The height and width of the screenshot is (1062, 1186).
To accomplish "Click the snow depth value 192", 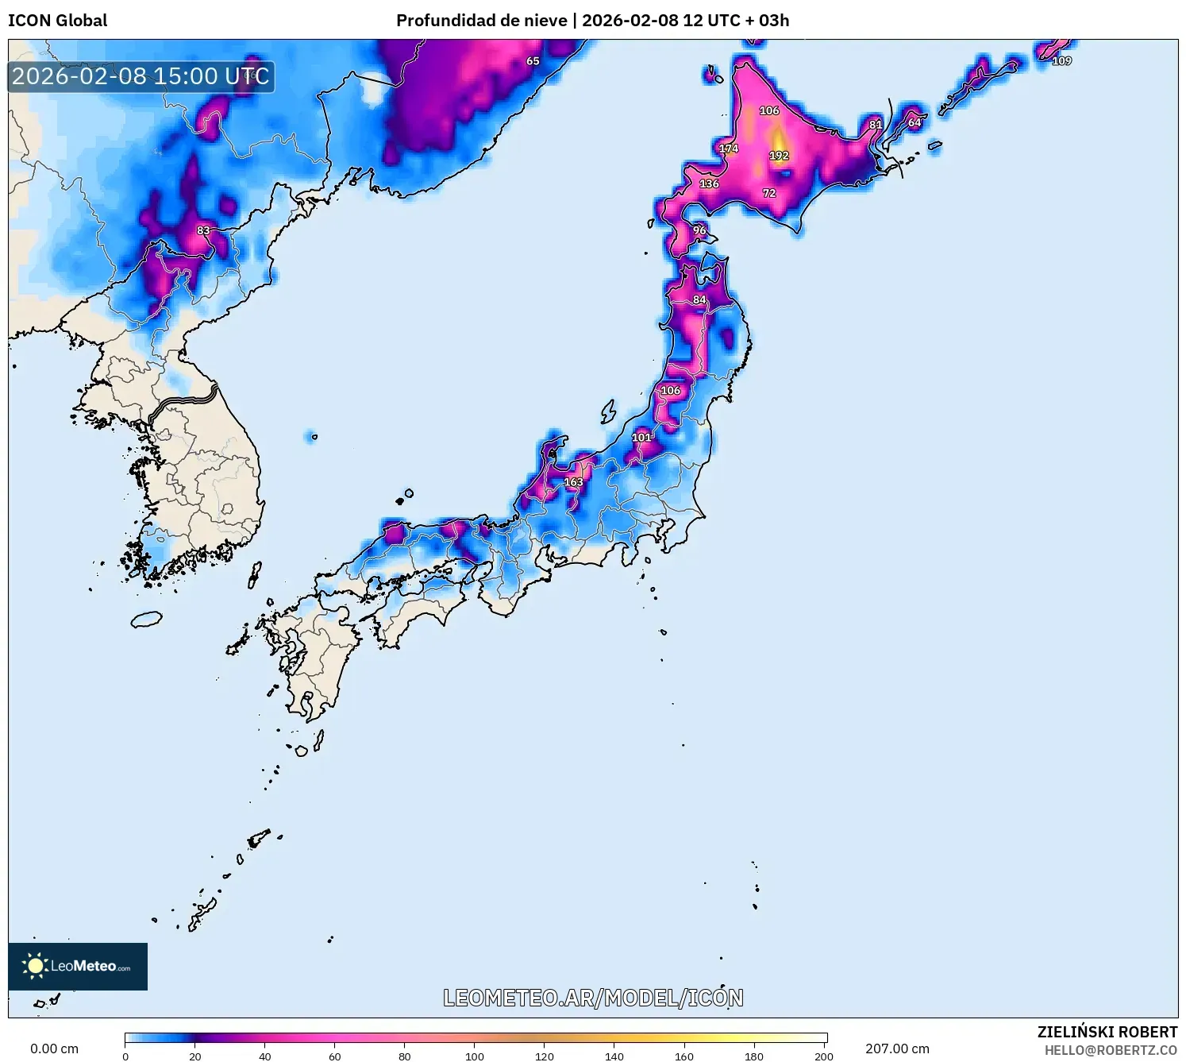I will [x=779, y=156].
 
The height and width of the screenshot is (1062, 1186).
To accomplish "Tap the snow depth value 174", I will [x=729, y=149].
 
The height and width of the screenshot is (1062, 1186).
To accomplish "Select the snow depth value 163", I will [x=573, y=482].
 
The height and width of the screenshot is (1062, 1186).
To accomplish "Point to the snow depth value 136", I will [x=709, y=183].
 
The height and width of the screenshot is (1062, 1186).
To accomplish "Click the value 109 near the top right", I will [x=1061, y=61].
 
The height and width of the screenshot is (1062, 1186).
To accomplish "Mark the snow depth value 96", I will [x=699, y=230].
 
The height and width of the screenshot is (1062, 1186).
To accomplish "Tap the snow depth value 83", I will [x=203, y=230].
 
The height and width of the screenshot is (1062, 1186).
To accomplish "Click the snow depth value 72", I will [x=769, y=193].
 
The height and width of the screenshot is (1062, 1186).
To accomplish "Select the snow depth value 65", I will [x=533, y=61].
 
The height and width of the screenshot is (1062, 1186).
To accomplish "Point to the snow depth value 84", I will [x=699, y=299].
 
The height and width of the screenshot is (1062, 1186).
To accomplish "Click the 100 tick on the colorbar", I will [x=475, y=1056].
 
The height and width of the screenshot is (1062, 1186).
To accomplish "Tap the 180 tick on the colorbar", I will [x=754, y=1056].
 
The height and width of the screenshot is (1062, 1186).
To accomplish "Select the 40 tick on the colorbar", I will [x=265, y=1056].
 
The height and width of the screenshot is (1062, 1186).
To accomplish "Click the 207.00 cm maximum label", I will [x=897, y=1048].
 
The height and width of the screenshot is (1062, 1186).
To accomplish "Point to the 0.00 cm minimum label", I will [x=55, y=1048].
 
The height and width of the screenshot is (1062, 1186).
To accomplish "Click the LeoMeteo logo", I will [x=78, y=966].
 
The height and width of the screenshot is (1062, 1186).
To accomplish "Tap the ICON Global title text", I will [x=58, y=21].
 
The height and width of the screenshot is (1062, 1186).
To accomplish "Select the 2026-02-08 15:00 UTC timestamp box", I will [x=141, y=77].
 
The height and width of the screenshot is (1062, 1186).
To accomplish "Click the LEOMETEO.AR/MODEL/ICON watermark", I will [x=593, y=998].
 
